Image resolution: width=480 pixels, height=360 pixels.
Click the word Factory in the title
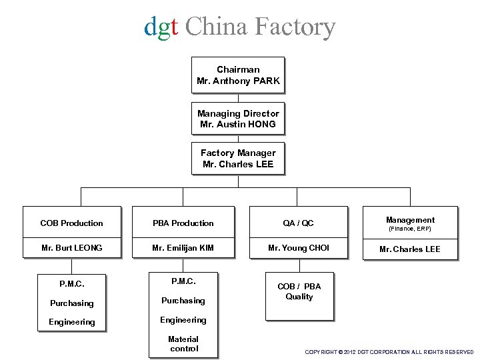tap(293, 27)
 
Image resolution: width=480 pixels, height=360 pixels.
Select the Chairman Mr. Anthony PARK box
tap(238, 75)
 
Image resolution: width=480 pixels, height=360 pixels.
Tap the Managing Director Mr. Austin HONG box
tap(238, 119)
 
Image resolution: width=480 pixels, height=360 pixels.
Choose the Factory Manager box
tap(238, 158)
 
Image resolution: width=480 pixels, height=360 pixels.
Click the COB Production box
tap(72, 223)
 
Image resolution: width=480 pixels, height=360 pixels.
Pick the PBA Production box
tap(183, 223)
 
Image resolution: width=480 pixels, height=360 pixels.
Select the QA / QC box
tap(299, 223)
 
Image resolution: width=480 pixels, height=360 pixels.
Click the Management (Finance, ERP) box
tap(410, 223)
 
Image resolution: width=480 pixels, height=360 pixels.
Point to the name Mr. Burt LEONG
tap(72, 247)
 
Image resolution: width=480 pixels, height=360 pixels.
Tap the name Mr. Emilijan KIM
tap(183, 247)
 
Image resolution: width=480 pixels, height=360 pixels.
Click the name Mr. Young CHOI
tap(299, 247)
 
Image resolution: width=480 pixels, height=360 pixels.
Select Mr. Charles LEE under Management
tap(410, 249)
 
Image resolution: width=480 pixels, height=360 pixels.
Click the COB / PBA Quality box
tap(299, 292)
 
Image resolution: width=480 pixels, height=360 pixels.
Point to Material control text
tap(183, 343)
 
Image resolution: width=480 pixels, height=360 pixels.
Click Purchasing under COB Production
tap(72, 303)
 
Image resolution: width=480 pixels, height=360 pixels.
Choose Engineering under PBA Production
tap(183, 320)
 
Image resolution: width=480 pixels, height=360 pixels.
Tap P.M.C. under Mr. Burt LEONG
tap(72, 283)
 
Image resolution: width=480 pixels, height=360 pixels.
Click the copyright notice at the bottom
tap(389, 351)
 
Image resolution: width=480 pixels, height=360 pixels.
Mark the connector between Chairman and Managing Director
tap(238, 97)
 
